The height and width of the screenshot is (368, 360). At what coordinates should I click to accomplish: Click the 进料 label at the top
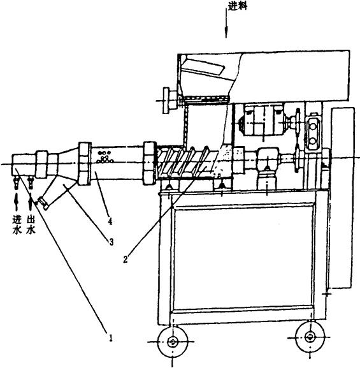pyautogui.click(x=238, y=6)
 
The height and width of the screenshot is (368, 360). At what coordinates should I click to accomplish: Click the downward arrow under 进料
pyautogui.click(x=226, y=24)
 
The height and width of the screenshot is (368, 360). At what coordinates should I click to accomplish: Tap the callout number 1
pyautogui.click(x=110, y=338)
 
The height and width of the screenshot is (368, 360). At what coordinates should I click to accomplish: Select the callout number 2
pyautogui.click(x=126, y=259)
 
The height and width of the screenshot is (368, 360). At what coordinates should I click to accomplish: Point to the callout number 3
pyautogui.click(x=111, y=241)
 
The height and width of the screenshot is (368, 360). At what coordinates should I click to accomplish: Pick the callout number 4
pyautogui.click(x=110, y=221)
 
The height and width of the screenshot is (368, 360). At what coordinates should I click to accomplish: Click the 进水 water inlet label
pyautogui.click(x=17, y=225)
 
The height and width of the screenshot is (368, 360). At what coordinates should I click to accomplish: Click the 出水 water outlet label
pyautogui.click(x=31, y=225)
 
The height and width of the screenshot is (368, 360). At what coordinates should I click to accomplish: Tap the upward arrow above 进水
pyautogui.click(x=16, y=202)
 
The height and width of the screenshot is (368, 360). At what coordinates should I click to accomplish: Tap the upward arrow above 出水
pyautogui.click(x=31, y=202)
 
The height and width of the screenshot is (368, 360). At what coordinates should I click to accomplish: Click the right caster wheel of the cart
pyautogui.click(x=310, y=337)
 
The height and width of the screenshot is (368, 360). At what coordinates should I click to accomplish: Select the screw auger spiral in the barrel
pyautogui.click(x=187, y=162)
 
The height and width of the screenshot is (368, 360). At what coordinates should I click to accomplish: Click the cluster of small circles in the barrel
pyautogui.click(x=105, y=157)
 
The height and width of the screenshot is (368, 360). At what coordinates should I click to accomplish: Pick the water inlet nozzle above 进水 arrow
pyautogui.click(x=16, y=182)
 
